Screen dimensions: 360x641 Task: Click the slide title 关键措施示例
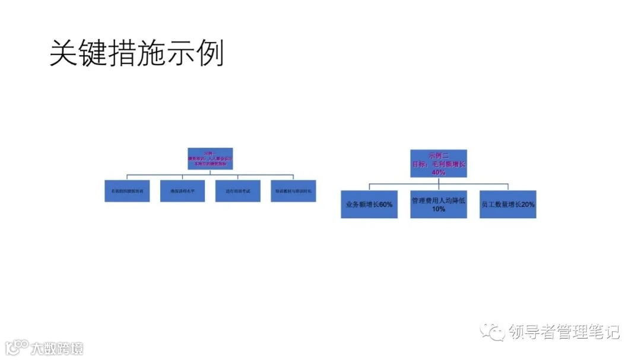(137, 54)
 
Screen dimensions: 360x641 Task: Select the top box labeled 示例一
(210, 159)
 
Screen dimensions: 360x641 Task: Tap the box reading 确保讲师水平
(182, 191)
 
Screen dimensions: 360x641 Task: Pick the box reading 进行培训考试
(237, 191)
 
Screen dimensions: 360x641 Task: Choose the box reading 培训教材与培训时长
(293, 191)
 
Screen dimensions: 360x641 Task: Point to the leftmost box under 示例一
(127, 191)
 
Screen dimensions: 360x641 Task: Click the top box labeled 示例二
(439, 163)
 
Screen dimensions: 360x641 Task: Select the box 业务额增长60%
(369, 204)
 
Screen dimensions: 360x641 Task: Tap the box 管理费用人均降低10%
(439, 204)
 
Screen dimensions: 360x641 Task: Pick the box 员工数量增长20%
(508, 204)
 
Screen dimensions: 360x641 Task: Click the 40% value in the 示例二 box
(439, 172)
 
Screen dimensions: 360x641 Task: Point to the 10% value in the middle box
(439, 209)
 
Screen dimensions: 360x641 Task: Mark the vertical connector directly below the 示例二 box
(439, 181)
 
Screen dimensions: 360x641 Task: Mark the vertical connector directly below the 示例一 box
(210, 173)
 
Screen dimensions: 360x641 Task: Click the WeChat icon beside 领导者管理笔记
(494, 332)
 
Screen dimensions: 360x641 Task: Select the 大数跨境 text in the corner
(58, 348)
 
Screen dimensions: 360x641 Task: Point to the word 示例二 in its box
(439, 154)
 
